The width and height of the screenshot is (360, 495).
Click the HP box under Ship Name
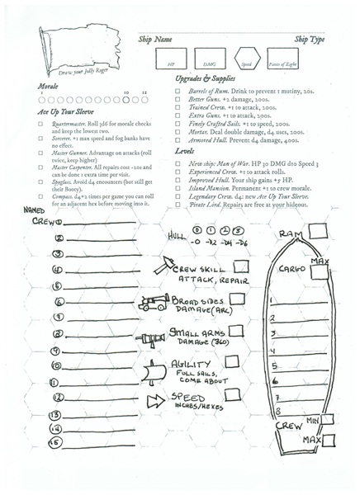tap(171, 61)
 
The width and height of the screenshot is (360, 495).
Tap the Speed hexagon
tap(246, 61)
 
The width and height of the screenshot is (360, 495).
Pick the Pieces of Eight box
tap(283, 61)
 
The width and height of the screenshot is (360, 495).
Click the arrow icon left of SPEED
tap(156, 402)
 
